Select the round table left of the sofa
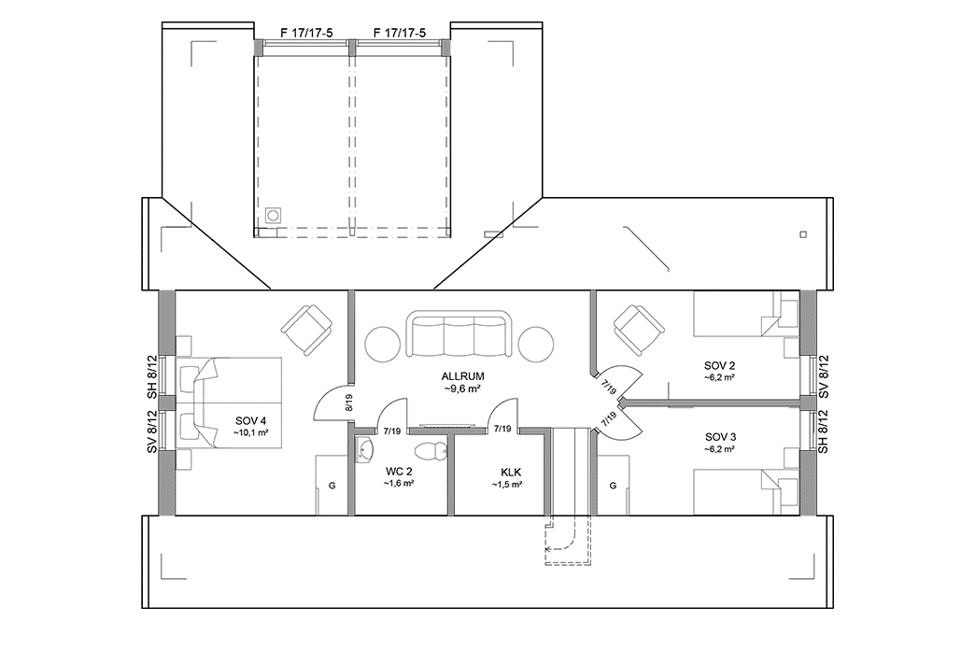383,343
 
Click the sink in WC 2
363,451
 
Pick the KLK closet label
508,473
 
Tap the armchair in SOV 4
307,329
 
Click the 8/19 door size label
348,403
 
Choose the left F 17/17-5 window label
307,33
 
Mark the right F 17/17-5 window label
399,33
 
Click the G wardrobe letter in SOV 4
332,487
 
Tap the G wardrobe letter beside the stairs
613,487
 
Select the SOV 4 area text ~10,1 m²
251,433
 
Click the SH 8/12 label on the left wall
151,378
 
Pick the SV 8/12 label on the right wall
823,378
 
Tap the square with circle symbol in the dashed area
273,214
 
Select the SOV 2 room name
719,364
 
